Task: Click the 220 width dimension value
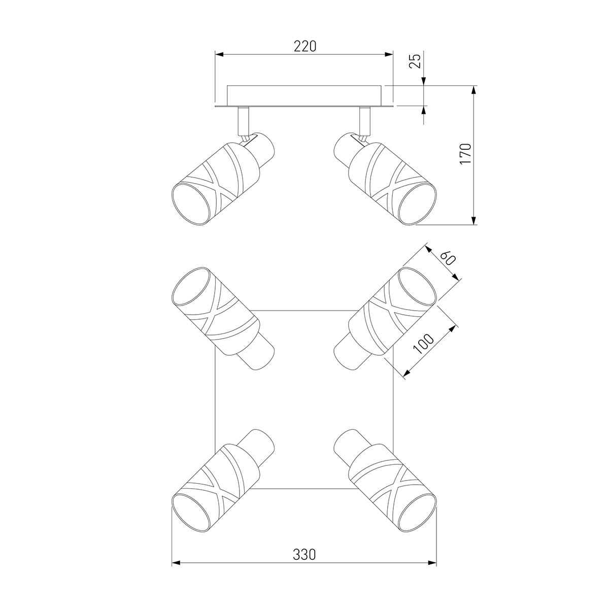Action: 305,46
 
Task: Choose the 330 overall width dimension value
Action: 304,554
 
